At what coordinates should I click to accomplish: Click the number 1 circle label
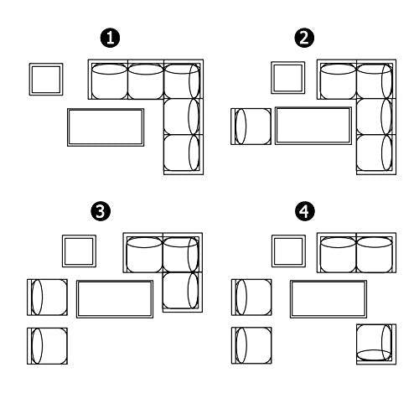[110, 38]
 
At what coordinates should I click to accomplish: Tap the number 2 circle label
[304, 38]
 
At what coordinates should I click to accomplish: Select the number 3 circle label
[101, 211]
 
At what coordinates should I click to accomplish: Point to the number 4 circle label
[305, 211]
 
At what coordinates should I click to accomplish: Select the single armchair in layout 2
[251, 127]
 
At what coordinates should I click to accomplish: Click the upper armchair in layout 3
[47, 297]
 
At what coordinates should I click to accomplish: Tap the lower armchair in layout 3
[47, 346]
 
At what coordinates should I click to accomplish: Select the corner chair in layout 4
[376, 344]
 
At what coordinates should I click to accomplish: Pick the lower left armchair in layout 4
[251, 345]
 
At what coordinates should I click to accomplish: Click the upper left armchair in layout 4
[251, 297]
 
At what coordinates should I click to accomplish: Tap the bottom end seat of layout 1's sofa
[184, 154]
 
